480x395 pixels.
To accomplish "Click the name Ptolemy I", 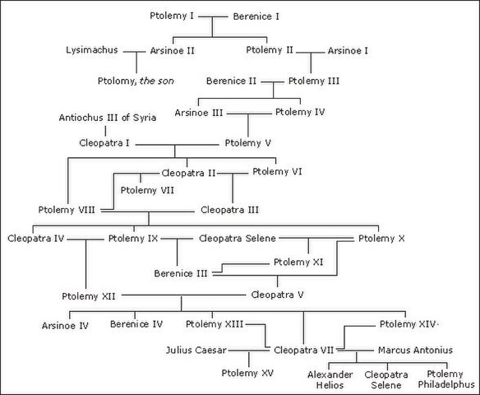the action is (x=172, y=16).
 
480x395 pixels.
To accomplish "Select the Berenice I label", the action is (x=256, y=16).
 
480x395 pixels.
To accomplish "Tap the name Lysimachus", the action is (x=92, y=50).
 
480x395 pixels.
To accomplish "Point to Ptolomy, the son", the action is (x=136, y=81).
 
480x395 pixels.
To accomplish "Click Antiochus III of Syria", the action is (x=108, y=118).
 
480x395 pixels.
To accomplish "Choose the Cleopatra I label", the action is (x=104, y=143).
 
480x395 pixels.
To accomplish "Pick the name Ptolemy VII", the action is (x=147, y=190).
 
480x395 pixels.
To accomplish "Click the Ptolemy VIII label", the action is (x=67, y=210).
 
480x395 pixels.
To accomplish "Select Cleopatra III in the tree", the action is (x=229, y=210).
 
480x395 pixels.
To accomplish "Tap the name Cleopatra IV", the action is (x=36, y=239).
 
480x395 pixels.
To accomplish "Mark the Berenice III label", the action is (x=181, y=273).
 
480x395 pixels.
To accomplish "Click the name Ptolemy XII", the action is (x=89, y=296).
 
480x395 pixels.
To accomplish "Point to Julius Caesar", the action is (x=196, y=351).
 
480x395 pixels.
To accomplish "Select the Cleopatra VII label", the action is (x=303, y=351).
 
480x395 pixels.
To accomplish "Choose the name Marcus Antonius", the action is (x=415, y=351).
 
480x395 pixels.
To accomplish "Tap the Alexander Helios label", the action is (x=330, y=379).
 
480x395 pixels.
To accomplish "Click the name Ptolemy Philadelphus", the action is (x=446, y=379).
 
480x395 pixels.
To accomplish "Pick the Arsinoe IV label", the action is (x=65, y=325).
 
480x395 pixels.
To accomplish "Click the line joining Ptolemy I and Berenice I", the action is (x=213, y=16).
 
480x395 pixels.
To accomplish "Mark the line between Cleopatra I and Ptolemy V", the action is (x=178, y=145).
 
